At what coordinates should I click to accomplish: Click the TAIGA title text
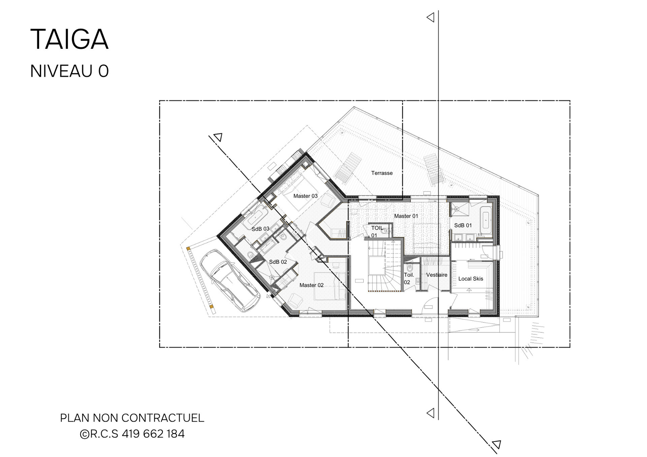(69, 40)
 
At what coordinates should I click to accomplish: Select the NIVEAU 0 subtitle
(69, 71)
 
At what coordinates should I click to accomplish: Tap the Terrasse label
(382, 173)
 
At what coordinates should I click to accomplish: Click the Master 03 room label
(305, 196)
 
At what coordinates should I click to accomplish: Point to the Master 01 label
(406, 216)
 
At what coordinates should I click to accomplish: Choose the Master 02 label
(311, 285)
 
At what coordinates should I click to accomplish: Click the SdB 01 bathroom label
(463, 225)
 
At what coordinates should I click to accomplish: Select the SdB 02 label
(278, 262)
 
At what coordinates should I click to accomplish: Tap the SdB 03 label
(260, 229)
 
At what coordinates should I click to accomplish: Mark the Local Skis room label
(470, 279)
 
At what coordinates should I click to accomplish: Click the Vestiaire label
(437, 275)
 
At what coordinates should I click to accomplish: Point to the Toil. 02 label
(408, 279)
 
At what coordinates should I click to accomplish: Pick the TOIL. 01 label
(377, 231)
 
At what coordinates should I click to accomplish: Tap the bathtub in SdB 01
(486, 219)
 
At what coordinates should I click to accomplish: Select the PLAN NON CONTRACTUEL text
(132, 418)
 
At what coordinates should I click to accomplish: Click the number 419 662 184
(153, 434)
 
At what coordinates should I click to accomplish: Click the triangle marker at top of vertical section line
(430, 17)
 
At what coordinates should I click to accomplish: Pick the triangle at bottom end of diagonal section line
(496, 444)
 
